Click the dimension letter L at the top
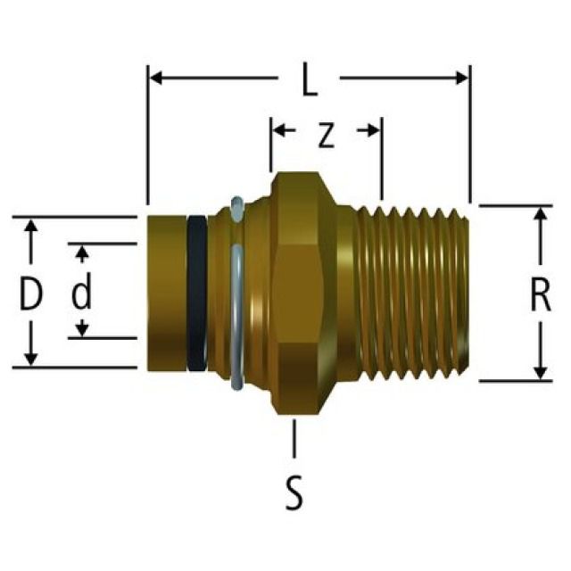pyautogui.click(x=309, y=82)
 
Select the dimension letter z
pyautogui.click(x=326, y=135)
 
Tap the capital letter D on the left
pyautogui.click(x=31, y=294)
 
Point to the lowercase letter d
pyautogui.click(x=82, y=293)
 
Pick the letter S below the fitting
pyautogui.click(x=294, y=493)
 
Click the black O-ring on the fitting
pyautogui.click(x=197, y=291)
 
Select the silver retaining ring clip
pyautogui.click(x=236, y=294)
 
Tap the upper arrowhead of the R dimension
pyautogui.click(x=541, y=215)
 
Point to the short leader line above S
pyautogui.click(x=294, y=437)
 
